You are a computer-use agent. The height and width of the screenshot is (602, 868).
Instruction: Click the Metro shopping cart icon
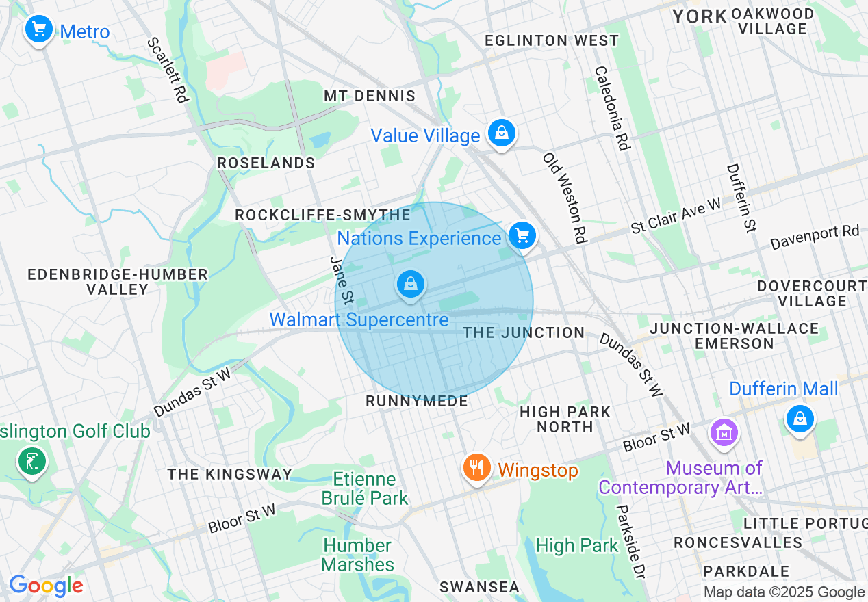(39, 29)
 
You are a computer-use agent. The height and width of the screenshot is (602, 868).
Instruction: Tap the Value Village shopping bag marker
(502, 133)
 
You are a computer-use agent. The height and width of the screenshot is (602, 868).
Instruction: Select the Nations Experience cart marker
(522, 236)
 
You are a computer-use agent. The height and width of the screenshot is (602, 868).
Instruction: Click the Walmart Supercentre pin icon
(411, 284)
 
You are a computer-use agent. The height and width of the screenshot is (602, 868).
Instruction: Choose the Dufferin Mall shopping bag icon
(800, 418)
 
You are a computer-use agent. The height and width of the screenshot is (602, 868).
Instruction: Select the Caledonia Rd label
(611, 108)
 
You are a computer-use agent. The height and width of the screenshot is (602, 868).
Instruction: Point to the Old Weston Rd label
(565, 198)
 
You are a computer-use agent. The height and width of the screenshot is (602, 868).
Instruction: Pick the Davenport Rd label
(814, 237)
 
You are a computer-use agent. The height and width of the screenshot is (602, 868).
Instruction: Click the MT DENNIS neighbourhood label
(370, 96)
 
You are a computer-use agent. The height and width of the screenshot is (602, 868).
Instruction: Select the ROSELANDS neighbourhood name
(266, 163)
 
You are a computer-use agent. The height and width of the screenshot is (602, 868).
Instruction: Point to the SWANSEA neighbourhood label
(479, 587)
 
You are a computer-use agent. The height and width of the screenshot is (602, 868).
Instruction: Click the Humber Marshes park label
(357, 555)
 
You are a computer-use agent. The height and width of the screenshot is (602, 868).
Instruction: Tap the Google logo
(46, 586)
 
